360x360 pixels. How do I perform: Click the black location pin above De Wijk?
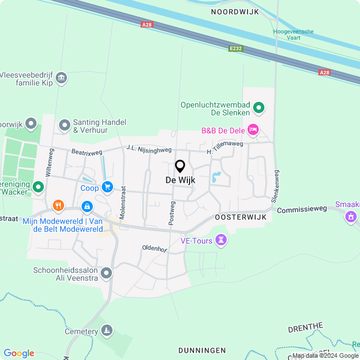(x=180, y=166)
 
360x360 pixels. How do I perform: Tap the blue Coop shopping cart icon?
(x=107, y=187)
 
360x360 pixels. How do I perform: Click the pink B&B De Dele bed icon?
(x=253, y=130)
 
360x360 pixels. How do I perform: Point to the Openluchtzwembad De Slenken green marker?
(x=259, y=106)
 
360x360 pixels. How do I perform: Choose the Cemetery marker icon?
(x=107, y=331)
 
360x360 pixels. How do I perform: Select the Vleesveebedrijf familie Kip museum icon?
(x=62, y=78)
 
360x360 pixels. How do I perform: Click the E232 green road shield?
(x=236, y=49)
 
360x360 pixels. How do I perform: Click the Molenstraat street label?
(x=123, y=183)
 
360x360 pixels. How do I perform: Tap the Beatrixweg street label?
(x=87, y=152)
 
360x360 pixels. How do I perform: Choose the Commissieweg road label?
(x=302, y=208)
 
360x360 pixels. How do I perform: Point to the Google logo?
(x=19, y=353)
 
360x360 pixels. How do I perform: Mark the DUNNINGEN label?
(x=202, y=350)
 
